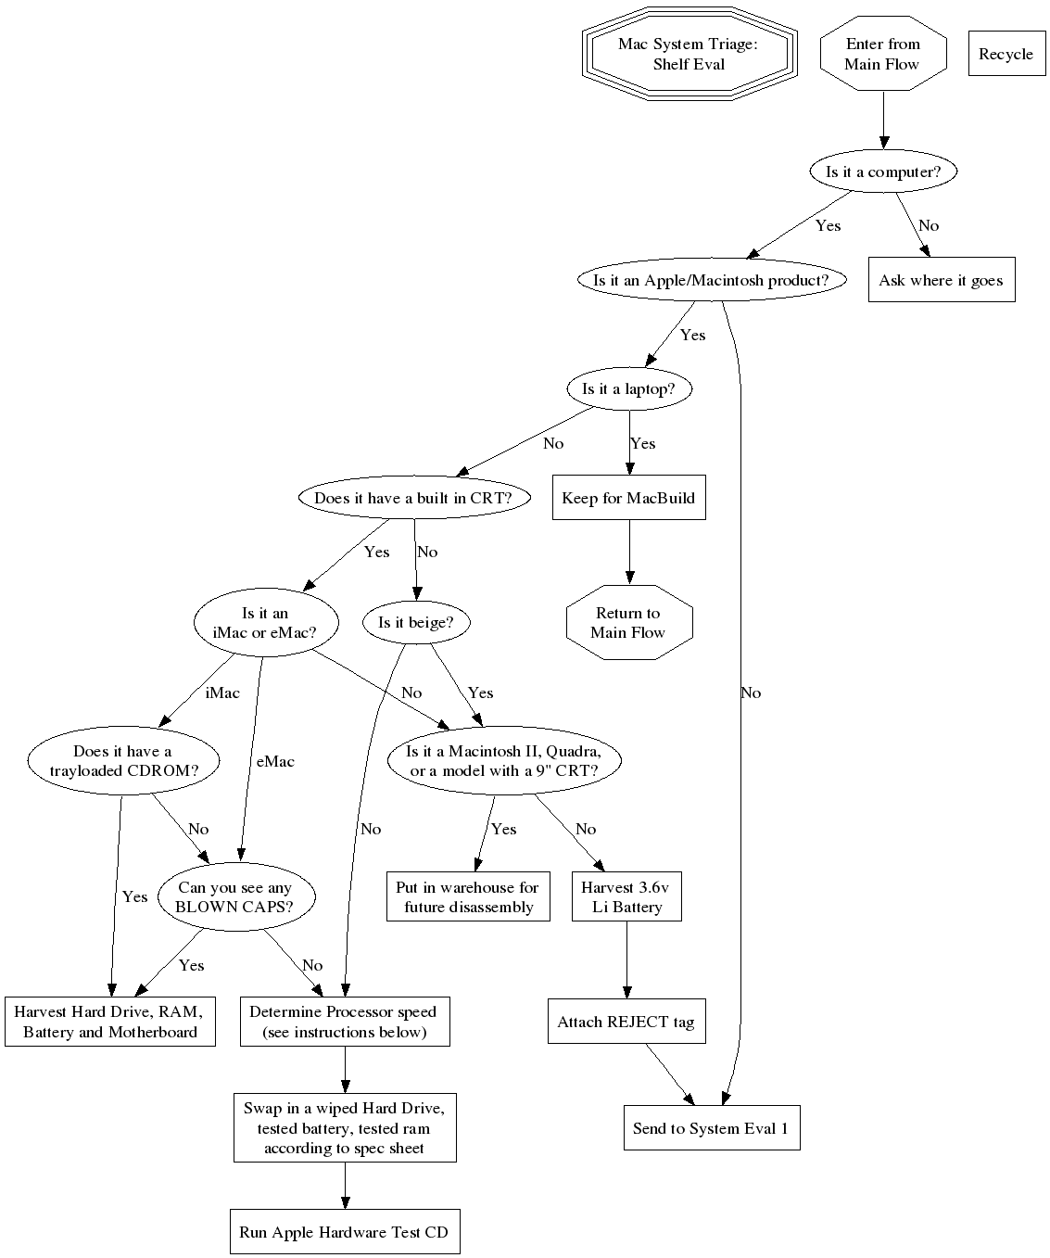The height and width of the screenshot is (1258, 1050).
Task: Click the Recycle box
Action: click(x=1006, y=54)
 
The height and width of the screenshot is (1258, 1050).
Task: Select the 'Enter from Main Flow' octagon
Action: click(x=883, y=54)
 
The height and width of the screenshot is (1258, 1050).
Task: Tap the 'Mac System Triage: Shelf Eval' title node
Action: click(x=689, y=54)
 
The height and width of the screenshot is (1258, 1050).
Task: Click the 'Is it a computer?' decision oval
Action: click(x=883, y=172)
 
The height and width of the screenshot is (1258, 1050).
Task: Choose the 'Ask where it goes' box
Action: click(x=942, y=280)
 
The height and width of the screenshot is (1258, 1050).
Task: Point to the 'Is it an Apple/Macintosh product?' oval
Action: click(x=712, y=280)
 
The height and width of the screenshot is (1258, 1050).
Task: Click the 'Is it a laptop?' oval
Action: click(x=629, y=388)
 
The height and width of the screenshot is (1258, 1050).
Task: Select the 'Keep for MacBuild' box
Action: click(x=629, y=498)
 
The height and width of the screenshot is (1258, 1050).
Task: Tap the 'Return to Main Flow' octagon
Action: click(x=629, y=622)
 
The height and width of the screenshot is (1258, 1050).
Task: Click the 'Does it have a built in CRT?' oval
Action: click(x=414, y=498)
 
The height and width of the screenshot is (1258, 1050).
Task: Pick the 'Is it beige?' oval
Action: click(x=416, y=622)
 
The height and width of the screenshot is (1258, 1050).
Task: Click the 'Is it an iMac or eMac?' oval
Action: click(x=266, y=622)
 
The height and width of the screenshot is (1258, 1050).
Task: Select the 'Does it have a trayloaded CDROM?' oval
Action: click(x=123, y=760)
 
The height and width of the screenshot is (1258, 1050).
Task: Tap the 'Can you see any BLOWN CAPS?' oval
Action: click(x=236, y=896)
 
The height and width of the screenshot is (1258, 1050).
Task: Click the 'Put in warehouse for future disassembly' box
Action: click(x=468, y=896)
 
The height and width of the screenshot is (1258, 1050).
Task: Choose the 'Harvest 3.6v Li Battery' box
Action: click(x=626, y=896)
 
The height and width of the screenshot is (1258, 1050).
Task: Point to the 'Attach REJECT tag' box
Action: click(x=626, y=1022)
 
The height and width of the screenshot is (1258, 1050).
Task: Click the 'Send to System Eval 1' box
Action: click(x=712, y=1128)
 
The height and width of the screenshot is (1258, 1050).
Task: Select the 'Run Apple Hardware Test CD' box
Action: click(x=345, y=1231)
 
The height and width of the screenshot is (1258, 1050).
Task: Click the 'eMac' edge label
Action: click(x=275, y=761)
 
